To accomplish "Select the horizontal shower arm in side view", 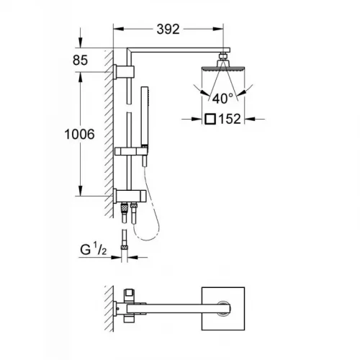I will click(x=176, y=51).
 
